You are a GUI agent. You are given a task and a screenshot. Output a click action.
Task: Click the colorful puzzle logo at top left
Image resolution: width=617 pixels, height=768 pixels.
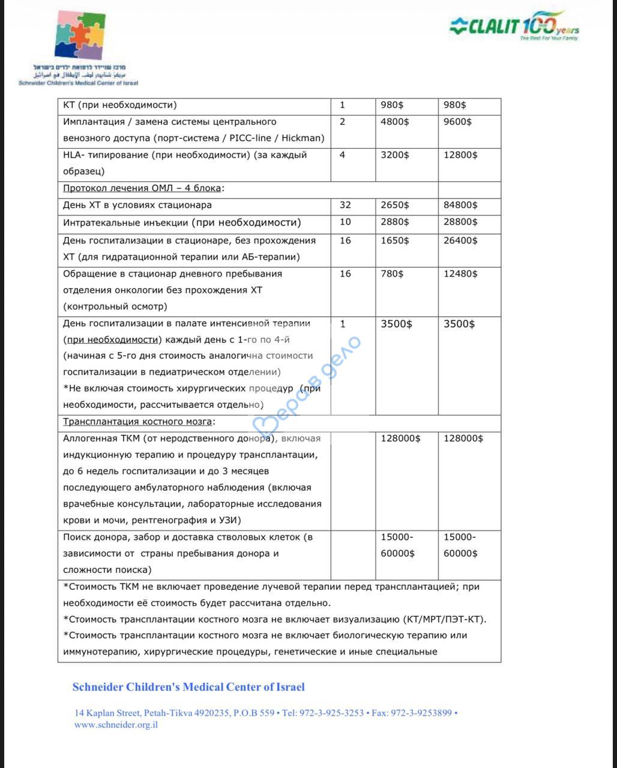click(x=79, y=37)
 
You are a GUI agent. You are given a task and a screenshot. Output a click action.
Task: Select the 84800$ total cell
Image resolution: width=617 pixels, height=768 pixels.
click(x=460, y=205)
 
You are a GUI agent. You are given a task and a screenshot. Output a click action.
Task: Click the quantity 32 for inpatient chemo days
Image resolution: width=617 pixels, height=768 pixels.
click(x=345, y=205)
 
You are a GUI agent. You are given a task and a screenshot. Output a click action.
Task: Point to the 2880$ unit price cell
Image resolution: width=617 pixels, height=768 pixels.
click(x=394, y=222)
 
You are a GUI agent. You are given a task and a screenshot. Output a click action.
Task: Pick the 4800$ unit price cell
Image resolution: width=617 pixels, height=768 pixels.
click(x=394, y=122)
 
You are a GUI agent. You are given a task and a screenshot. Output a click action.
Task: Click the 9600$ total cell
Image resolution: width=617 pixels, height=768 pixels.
click(x=457, y=122)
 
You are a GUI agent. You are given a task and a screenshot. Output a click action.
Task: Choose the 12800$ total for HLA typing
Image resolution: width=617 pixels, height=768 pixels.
click(x=460, y=155)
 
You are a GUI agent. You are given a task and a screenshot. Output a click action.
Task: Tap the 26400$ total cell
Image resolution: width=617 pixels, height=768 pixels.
click(x=460, y=241)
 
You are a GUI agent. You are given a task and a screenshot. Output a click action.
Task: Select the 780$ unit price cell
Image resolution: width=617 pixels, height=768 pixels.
click(x=392, y=274)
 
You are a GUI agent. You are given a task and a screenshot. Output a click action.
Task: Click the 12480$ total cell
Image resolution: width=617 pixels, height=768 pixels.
click(x=460, y=274)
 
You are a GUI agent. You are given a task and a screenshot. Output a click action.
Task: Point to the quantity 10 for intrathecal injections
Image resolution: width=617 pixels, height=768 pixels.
click(x=345, y=222)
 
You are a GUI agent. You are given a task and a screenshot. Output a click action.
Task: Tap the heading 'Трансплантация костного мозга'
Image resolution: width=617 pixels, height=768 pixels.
click(x=139, y=422)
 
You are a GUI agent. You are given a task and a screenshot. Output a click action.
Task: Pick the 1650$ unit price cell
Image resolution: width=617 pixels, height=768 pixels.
click(x=394, y=241)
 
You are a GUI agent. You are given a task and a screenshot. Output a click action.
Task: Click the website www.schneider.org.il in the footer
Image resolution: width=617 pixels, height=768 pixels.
click(x=116, y=725)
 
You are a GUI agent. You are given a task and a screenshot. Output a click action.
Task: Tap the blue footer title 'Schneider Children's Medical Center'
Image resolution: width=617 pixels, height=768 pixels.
click(x=188, y=687)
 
